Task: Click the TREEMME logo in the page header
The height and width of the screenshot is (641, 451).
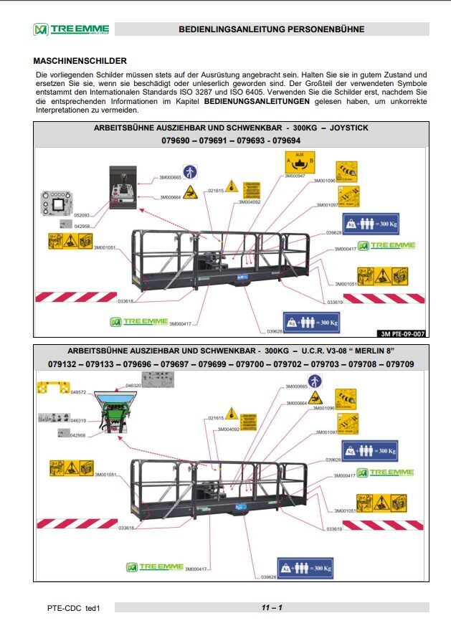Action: pos(70,29)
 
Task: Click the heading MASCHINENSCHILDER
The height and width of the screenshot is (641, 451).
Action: pos(80,61)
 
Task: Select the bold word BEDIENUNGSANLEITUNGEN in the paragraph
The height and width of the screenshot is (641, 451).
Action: pos(257,103)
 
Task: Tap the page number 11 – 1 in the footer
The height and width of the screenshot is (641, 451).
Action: pos(272,608)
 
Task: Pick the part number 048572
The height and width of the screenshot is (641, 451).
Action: pos(78,392)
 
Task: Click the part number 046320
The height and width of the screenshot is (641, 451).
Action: pos(133,386)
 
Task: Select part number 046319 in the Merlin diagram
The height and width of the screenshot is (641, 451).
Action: pos(78,421)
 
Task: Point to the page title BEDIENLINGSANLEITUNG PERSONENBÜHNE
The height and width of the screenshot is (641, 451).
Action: pos(272,29)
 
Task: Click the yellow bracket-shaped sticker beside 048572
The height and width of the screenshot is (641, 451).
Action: pos(52,388)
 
